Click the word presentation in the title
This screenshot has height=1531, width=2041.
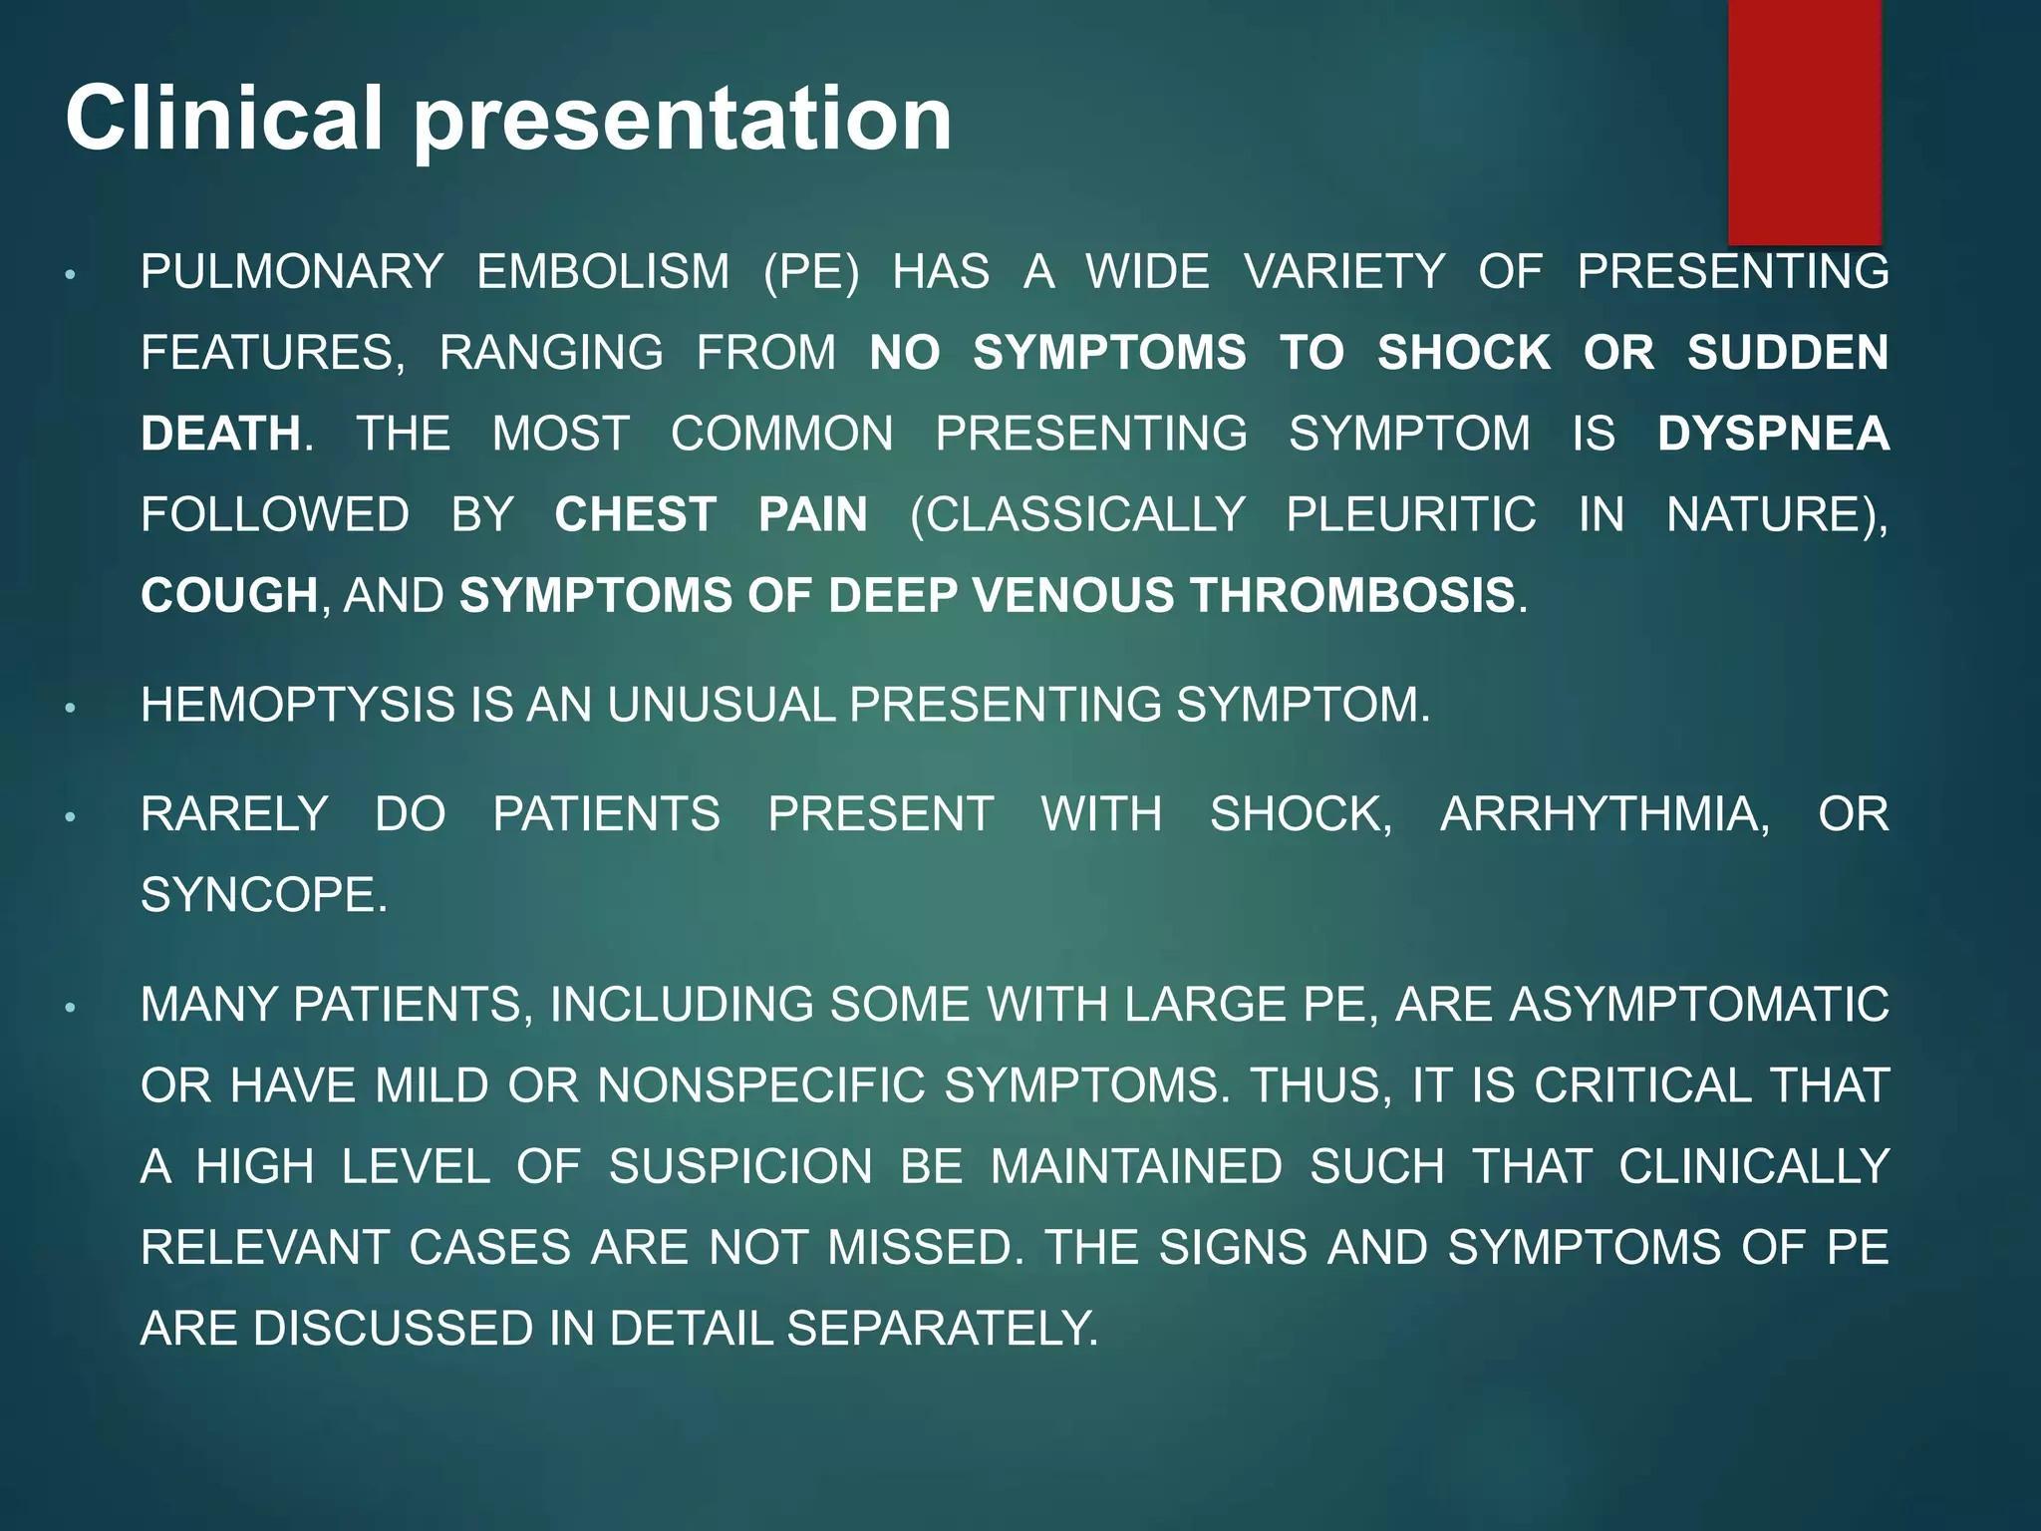tap(682, 122)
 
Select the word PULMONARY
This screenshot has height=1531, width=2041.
tap(292, 272)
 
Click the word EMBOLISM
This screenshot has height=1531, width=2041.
tap(603, 272)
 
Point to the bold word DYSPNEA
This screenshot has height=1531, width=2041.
tap(1773, 435)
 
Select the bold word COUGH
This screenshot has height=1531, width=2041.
tap(229, 596)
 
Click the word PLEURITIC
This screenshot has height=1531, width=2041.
tap(1410, 515)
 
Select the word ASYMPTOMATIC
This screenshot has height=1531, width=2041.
tap(1698, 1005)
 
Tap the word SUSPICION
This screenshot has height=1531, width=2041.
tap(740, 1167)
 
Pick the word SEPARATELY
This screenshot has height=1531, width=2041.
tap(942, 1329)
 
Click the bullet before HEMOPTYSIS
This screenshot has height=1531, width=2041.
tap(70, 709)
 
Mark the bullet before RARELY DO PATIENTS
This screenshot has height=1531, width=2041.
tap(70, 817)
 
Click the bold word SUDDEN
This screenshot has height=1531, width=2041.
tap(1787, 353)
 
